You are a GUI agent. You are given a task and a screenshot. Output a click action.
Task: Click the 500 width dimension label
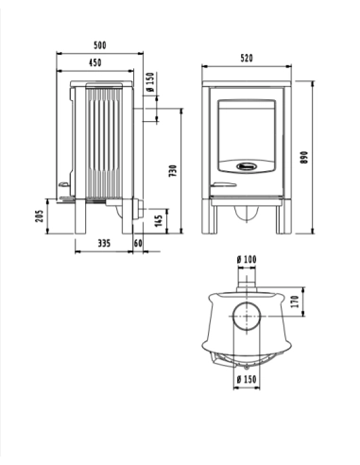coord(100,44)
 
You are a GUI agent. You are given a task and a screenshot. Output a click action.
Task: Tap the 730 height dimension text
coord(173,171)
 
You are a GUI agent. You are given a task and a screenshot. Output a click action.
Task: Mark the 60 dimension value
coord(138,243)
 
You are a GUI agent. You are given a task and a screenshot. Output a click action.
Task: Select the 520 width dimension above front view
coord(247,58)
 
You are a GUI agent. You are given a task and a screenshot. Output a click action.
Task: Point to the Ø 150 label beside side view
coord(151,94)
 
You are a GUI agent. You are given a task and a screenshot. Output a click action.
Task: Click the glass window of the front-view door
coord(246,128)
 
